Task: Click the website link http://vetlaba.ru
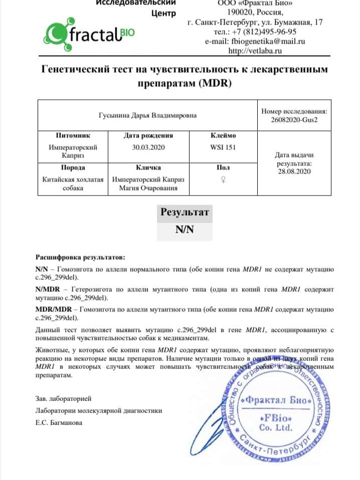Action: click(x=254, y=51)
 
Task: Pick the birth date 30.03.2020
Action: click(x=148, y=147)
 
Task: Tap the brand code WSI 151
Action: click(x=223, y=147)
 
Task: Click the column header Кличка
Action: click(x=148, y=168)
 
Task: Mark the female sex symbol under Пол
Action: click(x=223, y=180)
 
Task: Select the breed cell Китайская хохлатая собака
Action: click(x=73, y=184)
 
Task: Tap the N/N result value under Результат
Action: click(x=185, y=231)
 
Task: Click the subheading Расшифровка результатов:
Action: click(x=78, y=257)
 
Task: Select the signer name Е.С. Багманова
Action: click(x=59, y=423)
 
